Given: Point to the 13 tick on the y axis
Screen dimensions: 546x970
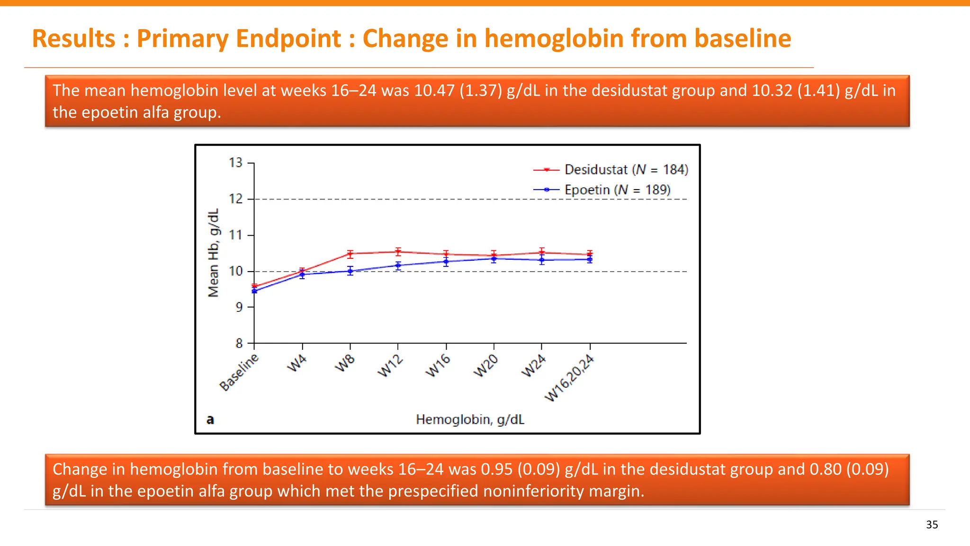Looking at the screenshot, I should point(236,163).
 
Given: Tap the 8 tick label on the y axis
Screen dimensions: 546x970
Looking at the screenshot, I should point(239,343).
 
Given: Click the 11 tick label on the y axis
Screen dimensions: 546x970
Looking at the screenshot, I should point(236,235).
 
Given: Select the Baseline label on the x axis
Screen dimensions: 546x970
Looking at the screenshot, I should point(240,372).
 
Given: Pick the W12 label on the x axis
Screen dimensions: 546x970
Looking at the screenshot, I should point(391,366).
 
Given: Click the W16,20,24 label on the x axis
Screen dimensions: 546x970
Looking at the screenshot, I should point(570,378).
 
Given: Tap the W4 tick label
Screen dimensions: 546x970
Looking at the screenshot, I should point(297,364).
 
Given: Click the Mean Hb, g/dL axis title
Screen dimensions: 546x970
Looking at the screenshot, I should point(214,253).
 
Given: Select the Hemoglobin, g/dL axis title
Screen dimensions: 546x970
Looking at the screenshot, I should point(470,419).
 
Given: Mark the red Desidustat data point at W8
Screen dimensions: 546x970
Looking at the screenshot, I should point(350,254).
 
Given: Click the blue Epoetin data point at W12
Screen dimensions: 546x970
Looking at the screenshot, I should point(398,265).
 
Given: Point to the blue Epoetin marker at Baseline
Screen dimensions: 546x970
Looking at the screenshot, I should point(254,291).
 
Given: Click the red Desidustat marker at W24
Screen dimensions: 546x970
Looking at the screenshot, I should point(542,252).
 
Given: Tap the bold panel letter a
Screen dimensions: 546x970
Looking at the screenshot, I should point(210,419).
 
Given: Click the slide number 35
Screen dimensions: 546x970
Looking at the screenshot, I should point(932,525).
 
